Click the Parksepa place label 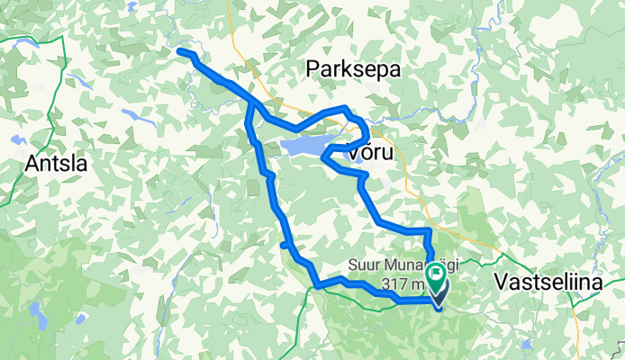(x=352, y=69)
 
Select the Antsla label (x=56, y=164)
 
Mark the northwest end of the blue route (x=182, y=52)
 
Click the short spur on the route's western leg (x=285, y=244)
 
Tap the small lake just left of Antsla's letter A (x=16, y=139)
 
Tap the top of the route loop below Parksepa (x=342, y=110)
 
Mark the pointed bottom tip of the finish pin (x=439, y=296)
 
